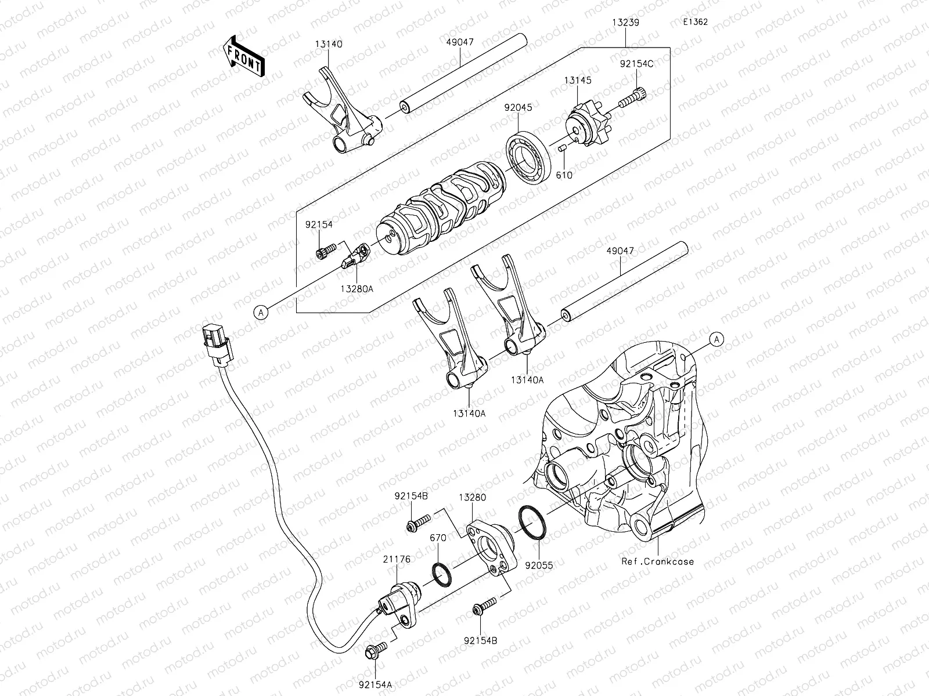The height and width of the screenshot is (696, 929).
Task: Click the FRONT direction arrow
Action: [x=243, y=56]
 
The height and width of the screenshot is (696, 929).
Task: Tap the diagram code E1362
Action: [x=696, y=23]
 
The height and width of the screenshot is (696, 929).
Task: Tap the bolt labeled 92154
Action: [x=326, y=252]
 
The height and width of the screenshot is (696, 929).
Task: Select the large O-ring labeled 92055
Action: [x=532, y=522]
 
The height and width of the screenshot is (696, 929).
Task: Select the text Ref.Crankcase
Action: [x=657, y=561]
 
